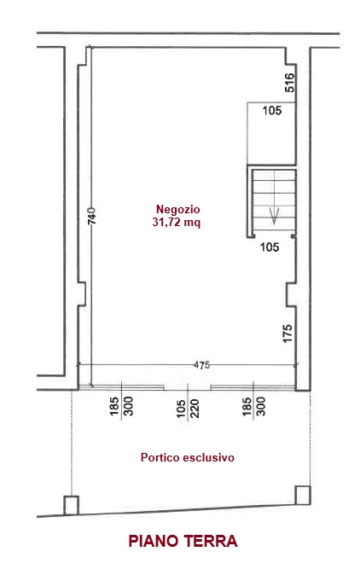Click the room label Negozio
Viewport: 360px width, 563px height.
pos(177,209)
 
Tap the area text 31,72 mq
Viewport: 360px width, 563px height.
pos(177,223)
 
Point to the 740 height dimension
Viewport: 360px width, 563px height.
pos(92,216)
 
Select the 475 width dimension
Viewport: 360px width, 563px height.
pos(201,365)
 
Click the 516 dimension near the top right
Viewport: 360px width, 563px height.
pos(290,83)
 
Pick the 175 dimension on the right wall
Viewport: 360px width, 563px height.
pos(287,334)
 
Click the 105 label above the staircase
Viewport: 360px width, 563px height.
pos(272,110)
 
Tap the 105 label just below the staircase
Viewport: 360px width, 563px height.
pos(270,247)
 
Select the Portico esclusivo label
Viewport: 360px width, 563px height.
pos(188,457)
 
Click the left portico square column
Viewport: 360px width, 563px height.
pos(71,505)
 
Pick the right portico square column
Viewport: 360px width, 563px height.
pos(303,495)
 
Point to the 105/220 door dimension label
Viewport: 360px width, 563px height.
pos(188,409)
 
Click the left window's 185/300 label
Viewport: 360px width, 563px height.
pos(122,406)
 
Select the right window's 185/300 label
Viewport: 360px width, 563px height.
pos(253,406)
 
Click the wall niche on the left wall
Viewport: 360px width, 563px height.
pos(82,294)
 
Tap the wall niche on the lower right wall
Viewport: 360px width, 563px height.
pos(291,294)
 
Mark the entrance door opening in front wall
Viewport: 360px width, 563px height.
pos(188,387)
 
